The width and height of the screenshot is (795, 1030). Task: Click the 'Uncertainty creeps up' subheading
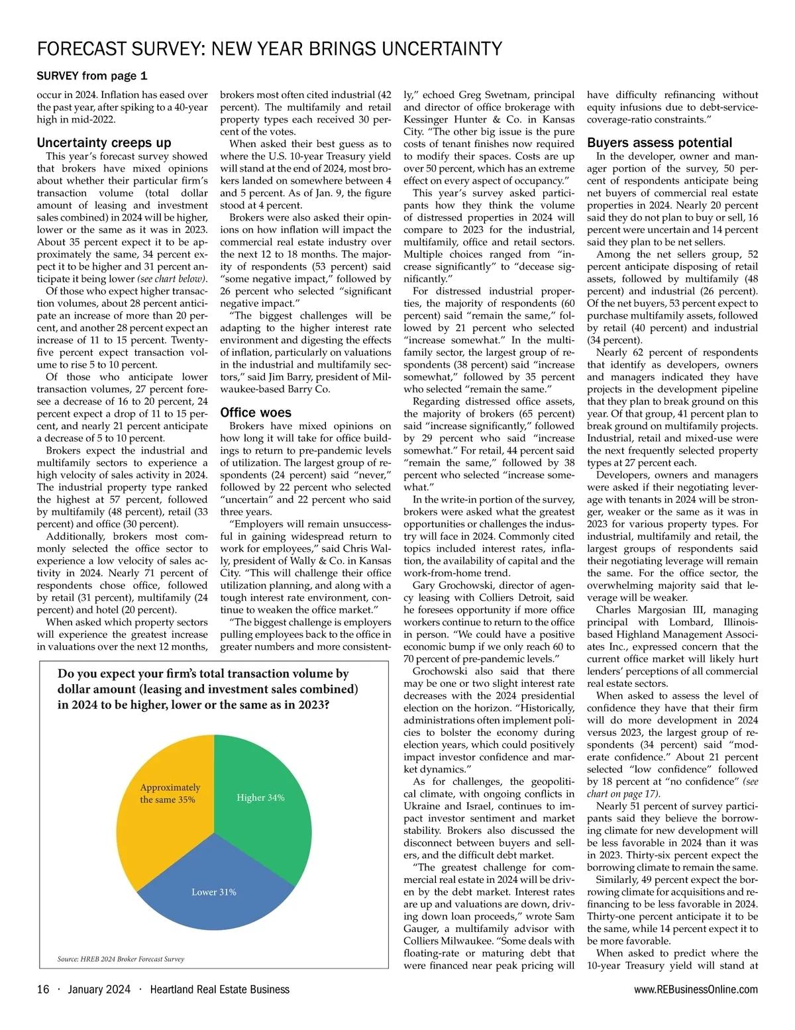click(x=104, y=142)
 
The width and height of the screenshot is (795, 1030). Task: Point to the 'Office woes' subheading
click(x=256, y=412)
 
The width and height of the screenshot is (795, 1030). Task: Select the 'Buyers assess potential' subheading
click(x=659, y=142)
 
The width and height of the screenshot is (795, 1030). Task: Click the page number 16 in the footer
click(x=43, y=990)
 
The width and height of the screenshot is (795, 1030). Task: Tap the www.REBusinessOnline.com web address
click(x=696, y=990)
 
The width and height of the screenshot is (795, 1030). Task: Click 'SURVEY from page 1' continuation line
click(x=92, y=76)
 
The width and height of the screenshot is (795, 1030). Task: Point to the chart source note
click(x=121, y=958)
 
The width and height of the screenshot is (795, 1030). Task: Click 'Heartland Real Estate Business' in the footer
click(x=219, y=990)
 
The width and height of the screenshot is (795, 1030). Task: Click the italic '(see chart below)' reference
click(x=172, y=279)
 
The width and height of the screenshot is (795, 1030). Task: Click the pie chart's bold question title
click(x=208, y=689)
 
